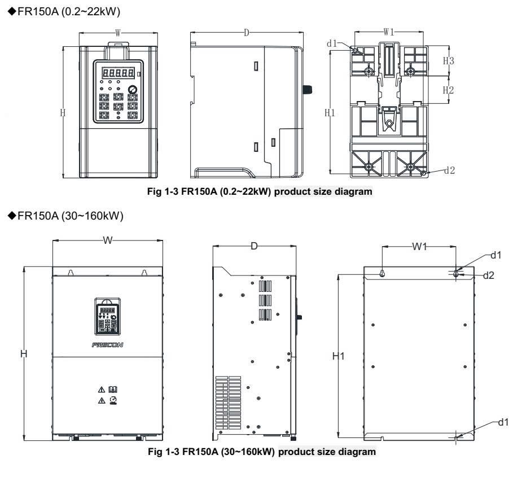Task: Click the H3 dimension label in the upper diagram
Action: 448,61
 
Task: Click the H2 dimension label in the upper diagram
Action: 448,90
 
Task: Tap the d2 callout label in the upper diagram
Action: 450,170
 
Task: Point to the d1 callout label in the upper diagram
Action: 332,43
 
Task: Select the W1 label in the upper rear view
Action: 389,32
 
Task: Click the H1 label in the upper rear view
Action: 330,113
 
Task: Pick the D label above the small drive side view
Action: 247,33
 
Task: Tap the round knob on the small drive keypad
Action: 133,89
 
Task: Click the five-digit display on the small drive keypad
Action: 118,72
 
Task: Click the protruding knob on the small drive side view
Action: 308,89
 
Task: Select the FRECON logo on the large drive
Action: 107,345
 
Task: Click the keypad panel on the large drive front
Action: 107,317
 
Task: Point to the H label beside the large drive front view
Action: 24,353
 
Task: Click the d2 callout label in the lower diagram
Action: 489,275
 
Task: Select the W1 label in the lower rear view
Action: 419,247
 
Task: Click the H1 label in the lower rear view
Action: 338,356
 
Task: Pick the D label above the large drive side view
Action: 254,246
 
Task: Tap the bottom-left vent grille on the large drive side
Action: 228,403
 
